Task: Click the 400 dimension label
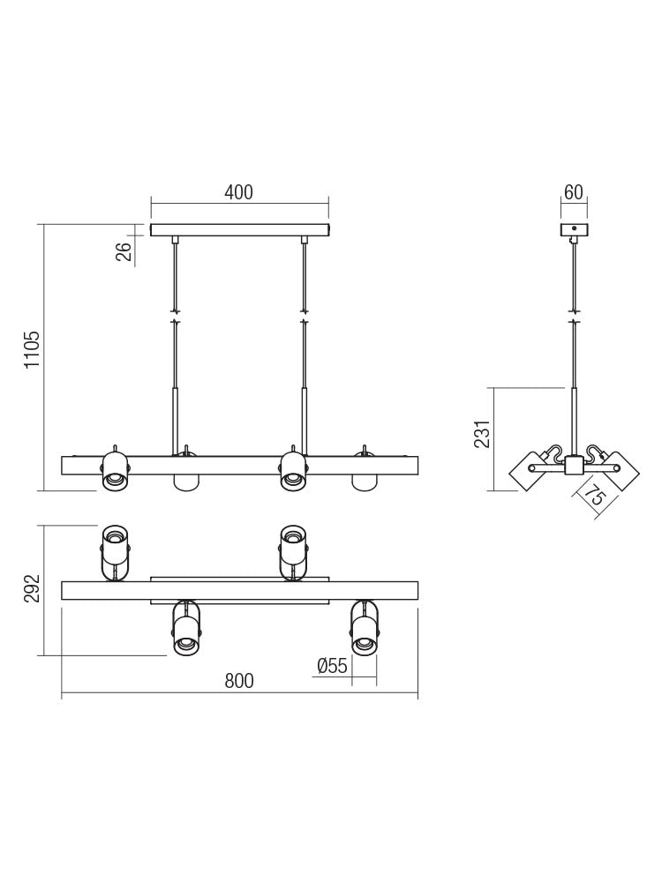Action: click(x=238, y=192)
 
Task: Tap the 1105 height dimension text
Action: click(x=33, y=350)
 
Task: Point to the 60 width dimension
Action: click(x=574, y=192)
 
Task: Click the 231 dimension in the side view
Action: click(x=482, y=434)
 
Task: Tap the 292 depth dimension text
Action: click(x=33, y=588)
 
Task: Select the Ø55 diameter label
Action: click(x=332, y=666)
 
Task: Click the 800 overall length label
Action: click(x=238, y=681)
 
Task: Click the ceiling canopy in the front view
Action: click(x=239, y=230)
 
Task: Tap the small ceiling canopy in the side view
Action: click(x=574, y=230)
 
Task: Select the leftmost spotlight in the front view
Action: click(x=115, y=469)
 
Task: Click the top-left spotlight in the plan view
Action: click(x=115, y=551)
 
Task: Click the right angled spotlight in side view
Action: click(x=617, y=470)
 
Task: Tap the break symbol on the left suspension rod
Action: click(x=176, y=316)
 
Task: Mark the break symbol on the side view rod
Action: click(x=575, y=316)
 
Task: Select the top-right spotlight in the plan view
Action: click(x=293, y=551)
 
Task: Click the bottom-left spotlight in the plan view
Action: click(x=185, y=628)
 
